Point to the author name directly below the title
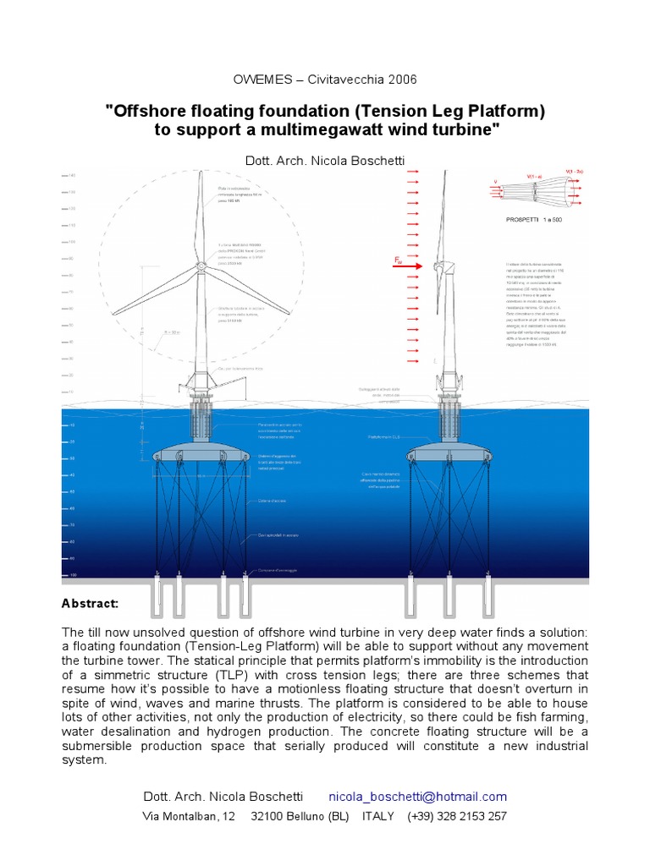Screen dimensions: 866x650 point(324,161)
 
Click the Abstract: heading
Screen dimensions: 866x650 point(91,603)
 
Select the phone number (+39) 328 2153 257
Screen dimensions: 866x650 point(457,816)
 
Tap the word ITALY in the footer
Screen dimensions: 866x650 point(377,816)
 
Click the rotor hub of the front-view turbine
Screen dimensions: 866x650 point(201,263)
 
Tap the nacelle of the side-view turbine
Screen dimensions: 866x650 point(441,267)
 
